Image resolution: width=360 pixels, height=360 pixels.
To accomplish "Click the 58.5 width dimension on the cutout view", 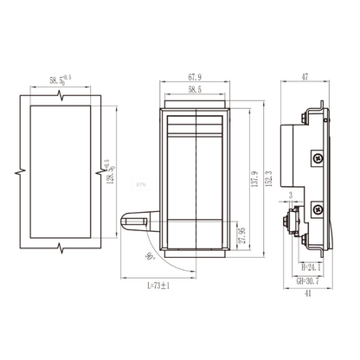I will coord(61,81).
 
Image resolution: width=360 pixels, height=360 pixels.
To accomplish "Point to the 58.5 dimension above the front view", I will coord(194,88).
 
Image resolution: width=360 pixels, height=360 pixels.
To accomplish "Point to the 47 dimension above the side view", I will coord(305,77).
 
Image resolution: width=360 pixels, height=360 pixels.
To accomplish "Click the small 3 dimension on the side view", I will coord(291,196).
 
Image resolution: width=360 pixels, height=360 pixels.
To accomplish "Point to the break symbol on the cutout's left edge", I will coord(19,171).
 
